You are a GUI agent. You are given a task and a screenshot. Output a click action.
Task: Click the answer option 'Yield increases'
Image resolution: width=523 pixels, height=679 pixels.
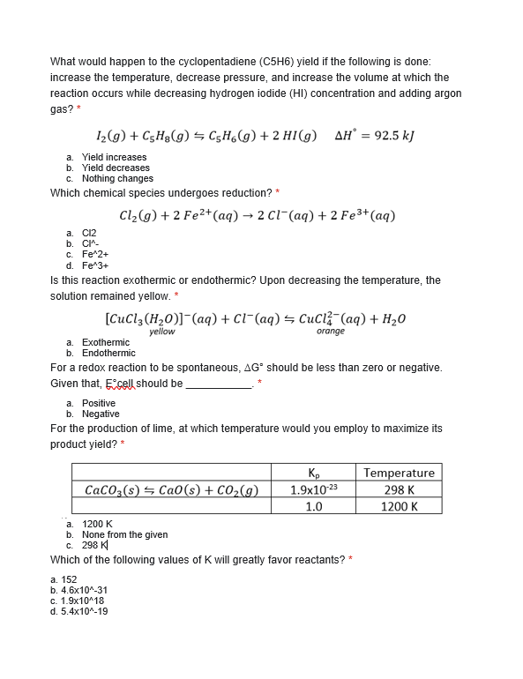coord(114,157)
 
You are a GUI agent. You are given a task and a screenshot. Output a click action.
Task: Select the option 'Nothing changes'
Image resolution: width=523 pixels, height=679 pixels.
coord(117,178)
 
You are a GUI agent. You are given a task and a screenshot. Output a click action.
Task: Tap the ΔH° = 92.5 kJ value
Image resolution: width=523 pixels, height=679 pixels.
coord(375,136)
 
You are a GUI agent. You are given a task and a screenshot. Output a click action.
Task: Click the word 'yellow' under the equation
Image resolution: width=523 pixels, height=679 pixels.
coord(161,332)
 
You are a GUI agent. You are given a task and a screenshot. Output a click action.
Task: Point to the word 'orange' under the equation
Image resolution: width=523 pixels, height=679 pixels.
coord(330,332)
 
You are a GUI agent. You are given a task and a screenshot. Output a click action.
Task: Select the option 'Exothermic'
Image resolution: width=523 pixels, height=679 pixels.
coord(105,342)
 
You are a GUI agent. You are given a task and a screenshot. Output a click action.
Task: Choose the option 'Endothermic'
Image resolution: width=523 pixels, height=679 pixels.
coord(108,353)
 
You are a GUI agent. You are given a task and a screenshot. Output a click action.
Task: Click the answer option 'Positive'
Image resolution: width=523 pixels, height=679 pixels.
coord(98,403)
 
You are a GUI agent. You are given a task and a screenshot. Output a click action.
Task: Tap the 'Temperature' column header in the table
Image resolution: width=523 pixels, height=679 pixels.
coord(399,473)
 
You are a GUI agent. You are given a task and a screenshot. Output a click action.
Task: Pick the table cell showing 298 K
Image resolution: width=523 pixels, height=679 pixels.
coord(399,489)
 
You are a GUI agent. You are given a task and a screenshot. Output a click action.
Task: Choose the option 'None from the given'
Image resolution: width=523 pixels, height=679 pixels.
coord(124,534)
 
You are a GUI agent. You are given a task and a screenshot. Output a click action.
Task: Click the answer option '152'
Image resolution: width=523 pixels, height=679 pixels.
coord(69,579)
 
